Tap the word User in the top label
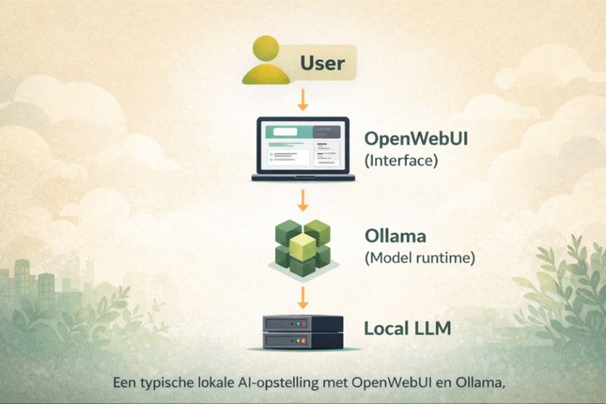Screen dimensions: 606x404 (x=322, y=62)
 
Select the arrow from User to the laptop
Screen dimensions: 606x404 (x=303, y=99)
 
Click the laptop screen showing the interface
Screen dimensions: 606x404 (x=302, y=146)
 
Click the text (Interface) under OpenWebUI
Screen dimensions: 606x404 (x=401, y=161)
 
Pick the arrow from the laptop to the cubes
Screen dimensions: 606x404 (x=303, y=200)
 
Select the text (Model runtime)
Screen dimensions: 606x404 (x=420, y=258)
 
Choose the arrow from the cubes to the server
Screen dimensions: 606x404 (x=303, y=294)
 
